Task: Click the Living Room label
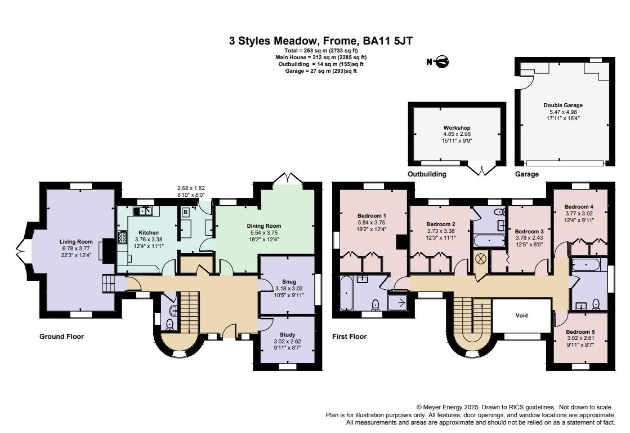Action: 76,241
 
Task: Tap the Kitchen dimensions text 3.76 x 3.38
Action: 149,239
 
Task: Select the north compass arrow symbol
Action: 438,61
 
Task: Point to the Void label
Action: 522,315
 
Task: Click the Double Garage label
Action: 562,105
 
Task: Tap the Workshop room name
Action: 457,128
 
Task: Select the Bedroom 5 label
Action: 580,332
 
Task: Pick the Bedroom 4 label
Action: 579,206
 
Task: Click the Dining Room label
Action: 263,226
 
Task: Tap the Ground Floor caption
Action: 61,337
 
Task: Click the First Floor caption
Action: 349,337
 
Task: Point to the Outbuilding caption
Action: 427,174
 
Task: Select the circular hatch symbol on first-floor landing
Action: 481,258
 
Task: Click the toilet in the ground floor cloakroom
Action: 169,324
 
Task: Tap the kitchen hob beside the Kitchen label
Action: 123,237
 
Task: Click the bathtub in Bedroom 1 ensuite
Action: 347,293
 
